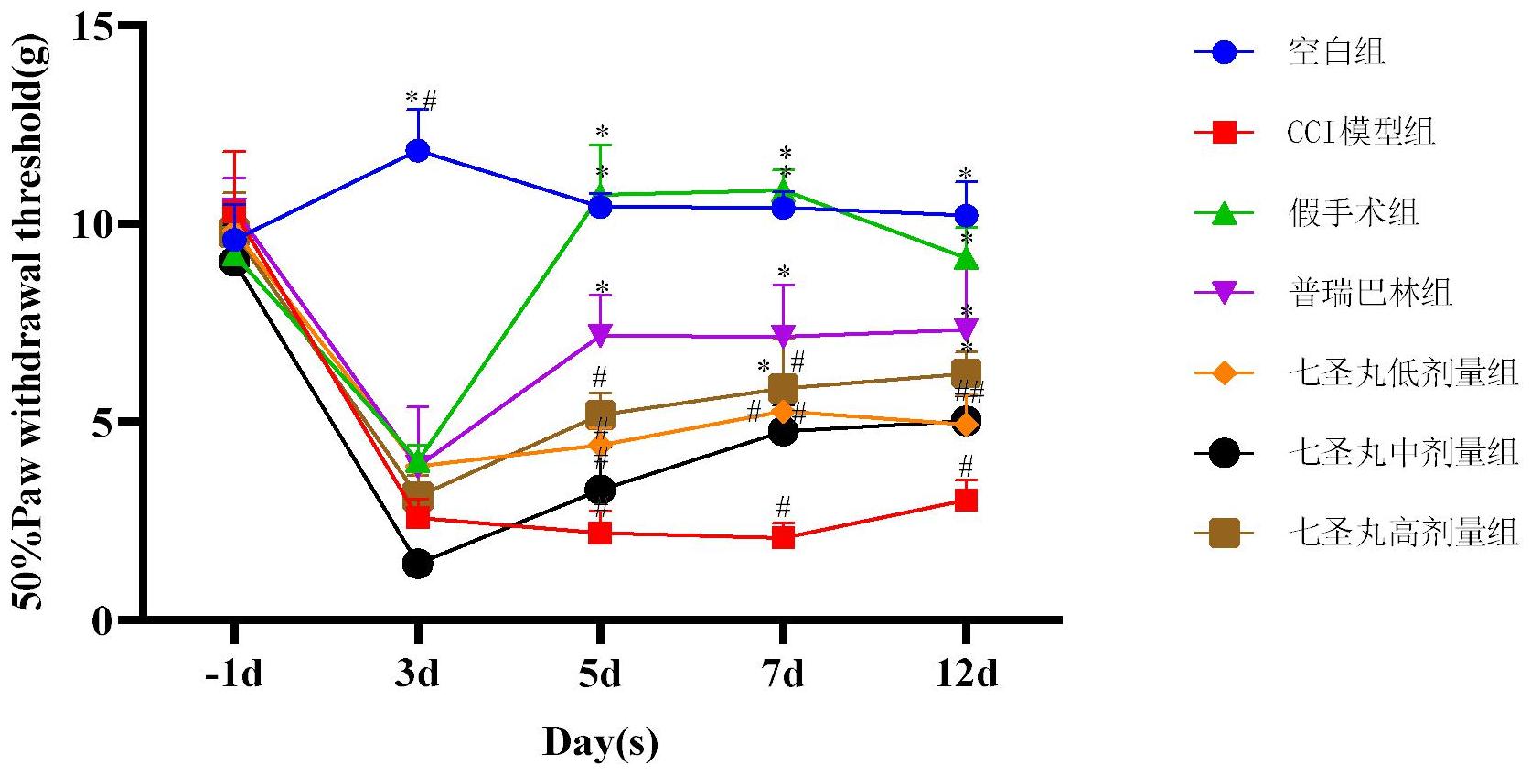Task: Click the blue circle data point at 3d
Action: [x=417, y=150]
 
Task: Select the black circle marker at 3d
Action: [x=417, y=563]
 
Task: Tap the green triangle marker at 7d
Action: [x=783, y=190]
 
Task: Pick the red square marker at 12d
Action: [x=966, y=500]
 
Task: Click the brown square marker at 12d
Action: [x=966, y=373]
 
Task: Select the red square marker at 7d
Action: [x=783, y=537]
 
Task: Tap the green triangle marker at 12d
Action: [x=966, y=260]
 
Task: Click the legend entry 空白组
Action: [x=1336, y=52]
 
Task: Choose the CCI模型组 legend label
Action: [x=1361, y=133]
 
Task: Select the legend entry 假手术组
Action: [x=1354, y=213]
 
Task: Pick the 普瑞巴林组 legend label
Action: [x=1370, y=293]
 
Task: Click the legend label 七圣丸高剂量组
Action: [x=1403, y=533]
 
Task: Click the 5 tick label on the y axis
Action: [x=102, y=422]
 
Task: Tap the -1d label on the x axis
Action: [x=233, y=674]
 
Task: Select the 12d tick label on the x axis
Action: [x=966, y=674]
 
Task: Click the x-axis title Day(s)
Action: [x=600, y=742]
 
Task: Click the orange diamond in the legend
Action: [x=1224, y=373]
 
